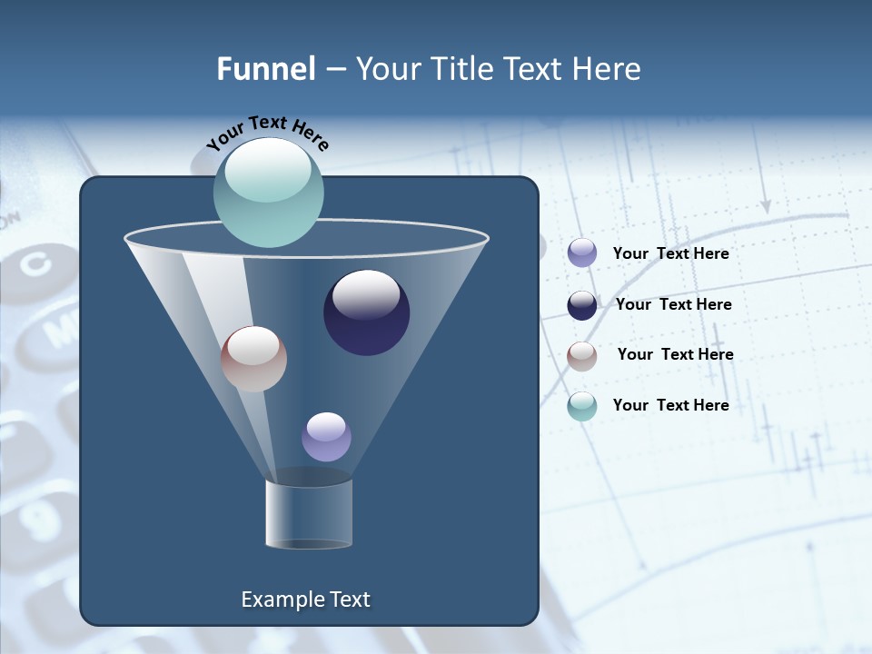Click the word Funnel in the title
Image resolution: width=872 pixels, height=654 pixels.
[265, 69]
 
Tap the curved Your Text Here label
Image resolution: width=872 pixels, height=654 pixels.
[268, 132]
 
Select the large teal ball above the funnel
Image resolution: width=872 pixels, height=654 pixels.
[269, 192]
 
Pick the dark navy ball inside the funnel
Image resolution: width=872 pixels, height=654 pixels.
[367, 312]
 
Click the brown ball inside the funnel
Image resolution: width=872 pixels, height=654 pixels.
[253, 359]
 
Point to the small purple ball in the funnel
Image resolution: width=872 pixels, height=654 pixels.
[326, 436]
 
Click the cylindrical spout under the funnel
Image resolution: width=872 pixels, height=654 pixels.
[309, 514]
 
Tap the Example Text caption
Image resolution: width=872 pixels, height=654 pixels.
[306, 599]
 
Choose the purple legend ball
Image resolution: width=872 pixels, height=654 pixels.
[582, 253]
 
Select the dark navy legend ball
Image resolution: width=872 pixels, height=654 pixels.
[582, 305]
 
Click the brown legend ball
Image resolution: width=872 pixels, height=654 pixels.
[582, 356]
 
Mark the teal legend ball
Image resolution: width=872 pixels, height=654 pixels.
[582, 406]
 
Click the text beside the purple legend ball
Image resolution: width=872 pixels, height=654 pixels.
[670, 254]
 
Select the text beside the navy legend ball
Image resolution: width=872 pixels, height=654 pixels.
[673, 305]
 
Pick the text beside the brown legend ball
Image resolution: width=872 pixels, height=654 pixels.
[675, 355]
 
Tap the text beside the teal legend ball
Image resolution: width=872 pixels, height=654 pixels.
[670, 406]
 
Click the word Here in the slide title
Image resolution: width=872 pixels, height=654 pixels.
[608, 69]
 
